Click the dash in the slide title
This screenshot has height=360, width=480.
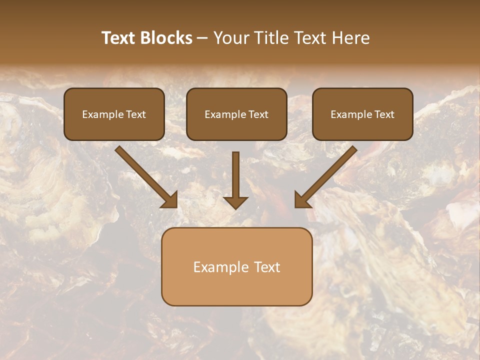(x=203, y=38)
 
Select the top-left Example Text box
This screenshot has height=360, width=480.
(x=114, y=114)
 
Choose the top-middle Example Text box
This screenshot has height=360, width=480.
(x=236, y=114)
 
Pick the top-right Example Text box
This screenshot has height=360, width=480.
(x=362, y=114)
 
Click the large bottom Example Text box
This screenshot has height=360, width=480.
(x=236, y=266)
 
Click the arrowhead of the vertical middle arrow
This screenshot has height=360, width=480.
(x=235, y=202)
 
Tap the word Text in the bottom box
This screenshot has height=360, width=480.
(x=266, y=267)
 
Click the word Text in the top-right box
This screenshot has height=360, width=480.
(x=384, y=114)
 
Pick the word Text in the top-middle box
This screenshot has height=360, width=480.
(x=258, y=114)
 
